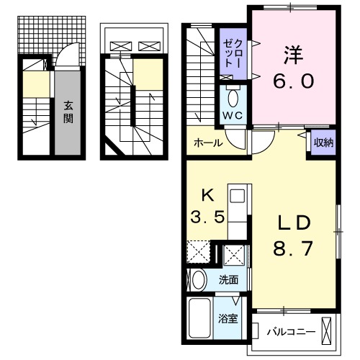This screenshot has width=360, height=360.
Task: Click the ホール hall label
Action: coord(208,143)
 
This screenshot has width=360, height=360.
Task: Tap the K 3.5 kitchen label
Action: coord(205,207)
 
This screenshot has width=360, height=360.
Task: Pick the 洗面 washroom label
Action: coord(229,279)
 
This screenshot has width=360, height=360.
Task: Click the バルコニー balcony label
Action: coord(290,332)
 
